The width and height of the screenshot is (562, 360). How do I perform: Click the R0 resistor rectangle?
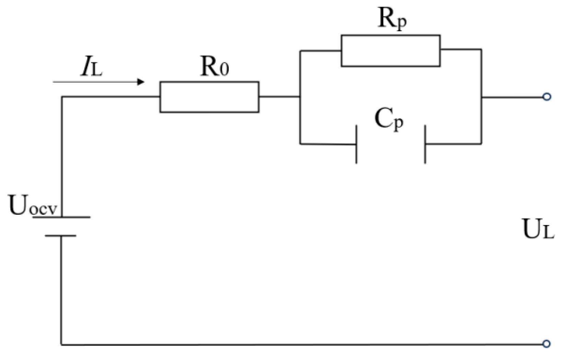[x=209, y=97]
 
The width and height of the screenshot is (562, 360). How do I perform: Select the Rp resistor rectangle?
[x=390, y=50]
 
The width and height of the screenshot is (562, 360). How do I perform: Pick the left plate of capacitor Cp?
[x=356, y=144]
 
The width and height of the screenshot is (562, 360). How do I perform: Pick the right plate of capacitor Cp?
[x=425, y=144]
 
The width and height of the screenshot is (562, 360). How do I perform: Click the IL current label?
[x=91, y=68]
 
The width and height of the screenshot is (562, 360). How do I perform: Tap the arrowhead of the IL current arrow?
[x=140, y=82]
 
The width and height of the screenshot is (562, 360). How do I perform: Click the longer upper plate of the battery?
[x=62, y=217]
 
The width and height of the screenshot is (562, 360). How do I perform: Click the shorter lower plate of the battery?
[x=61, y=236]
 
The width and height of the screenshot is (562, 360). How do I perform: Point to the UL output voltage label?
[x=538, y=230]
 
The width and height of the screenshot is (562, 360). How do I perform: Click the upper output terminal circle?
[x=547, y=97]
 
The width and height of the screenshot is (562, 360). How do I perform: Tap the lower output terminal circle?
[x=547, y=344]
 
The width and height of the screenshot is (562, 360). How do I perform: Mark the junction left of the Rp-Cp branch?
[x=300, y=97]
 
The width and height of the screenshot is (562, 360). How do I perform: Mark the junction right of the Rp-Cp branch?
[x=481, y=97]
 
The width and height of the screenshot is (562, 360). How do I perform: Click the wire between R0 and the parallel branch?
[x=279, y=97]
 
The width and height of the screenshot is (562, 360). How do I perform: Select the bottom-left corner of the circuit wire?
[x=61, y=344]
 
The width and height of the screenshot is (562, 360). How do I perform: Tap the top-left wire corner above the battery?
[x=62, y=97]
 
